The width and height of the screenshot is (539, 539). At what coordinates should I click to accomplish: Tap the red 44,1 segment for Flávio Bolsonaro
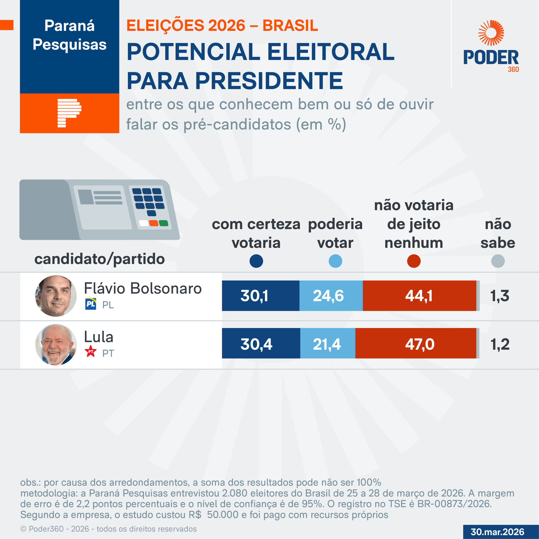click(419, 296)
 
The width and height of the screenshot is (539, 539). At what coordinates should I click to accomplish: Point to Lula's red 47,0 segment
click(416, 343)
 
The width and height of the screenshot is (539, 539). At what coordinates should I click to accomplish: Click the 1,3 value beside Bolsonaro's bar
click(500, 296)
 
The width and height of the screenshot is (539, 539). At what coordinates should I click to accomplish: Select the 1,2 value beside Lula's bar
click(500, 344)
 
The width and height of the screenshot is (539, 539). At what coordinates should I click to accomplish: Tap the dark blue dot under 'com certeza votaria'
click(256, 261)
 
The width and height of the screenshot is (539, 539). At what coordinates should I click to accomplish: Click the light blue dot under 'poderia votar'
click(335, 261)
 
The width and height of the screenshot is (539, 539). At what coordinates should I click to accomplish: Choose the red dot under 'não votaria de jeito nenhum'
click(414, 261)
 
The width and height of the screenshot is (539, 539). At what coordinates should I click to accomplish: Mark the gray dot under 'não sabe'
click(498, 261)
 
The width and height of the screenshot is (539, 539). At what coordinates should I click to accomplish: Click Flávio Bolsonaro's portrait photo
click(56, 296)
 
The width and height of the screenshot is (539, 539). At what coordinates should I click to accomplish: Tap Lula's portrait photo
click(56, 345)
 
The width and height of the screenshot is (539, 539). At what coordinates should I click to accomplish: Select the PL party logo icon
click(91, 304)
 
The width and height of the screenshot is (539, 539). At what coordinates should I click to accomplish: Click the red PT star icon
click(91, 352)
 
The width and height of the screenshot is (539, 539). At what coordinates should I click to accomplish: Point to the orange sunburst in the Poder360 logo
click(491, 33)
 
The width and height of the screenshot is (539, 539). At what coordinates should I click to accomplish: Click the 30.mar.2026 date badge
click(497, 532)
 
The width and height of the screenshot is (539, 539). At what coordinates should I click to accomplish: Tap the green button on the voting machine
click(164, 223)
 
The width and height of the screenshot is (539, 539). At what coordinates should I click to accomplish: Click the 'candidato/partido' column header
click(99, 259)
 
